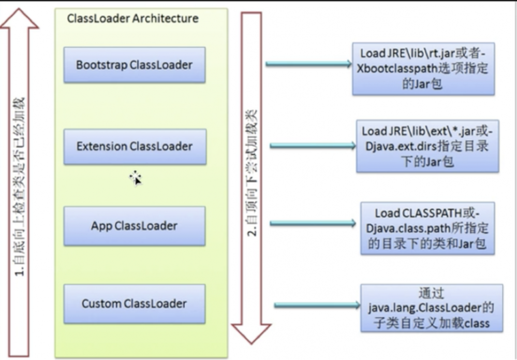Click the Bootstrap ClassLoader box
(x=134, y=65)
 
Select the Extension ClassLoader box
(x=135, y=147)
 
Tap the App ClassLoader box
(x=134, y=226)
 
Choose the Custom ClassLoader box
(x=134, y=304)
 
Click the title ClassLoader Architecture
(x=132, y=19)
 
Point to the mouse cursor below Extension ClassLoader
(x=136, y=178)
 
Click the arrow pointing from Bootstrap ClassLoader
(x=308, y=64)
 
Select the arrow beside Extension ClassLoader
(x=313, y=146)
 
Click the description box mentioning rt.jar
(x=423, y=69)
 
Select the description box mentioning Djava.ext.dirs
(x=427, y=146)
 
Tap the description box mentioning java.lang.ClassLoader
(x=432, y=308)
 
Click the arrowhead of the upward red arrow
(x=19, y=18)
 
